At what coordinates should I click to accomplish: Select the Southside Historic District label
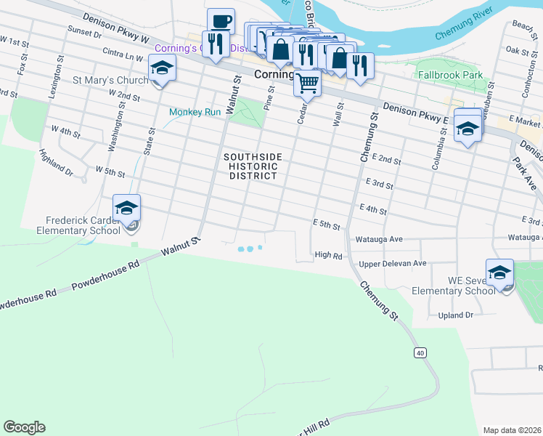point(251,166)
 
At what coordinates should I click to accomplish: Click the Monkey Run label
point(195,112)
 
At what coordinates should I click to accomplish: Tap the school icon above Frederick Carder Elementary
point(126,209)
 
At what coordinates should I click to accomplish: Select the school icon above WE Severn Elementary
point(499,273)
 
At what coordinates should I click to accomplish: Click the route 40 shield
point(420,353)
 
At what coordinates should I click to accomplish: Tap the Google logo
point(24,427)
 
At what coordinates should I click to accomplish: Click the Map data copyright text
point(512,430)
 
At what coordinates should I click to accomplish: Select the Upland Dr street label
point(455,315)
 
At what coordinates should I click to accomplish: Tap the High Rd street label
point(328,254)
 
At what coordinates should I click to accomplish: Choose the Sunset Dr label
point(84,33)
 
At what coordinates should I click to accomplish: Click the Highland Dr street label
point(57,163)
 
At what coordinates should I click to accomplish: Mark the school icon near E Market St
point(468,129)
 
